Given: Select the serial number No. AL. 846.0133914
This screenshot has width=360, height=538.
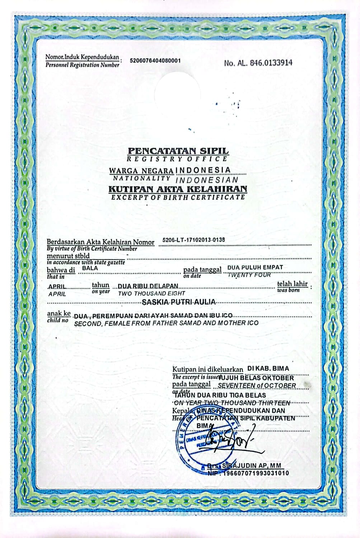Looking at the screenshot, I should click(258, 63).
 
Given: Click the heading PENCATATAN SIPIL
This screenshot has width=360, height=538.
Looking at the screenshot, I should click(178, 151).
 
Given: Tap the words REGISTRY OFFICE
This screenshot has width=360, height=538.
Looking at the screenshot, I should click(177, 159).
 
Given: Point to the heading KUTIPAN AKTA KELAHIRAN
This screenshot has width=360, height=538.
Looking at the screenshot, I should click(178, 189).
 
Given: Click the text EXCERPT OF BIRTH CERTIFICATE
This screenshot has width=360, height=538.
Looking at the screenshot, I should click(178, 197).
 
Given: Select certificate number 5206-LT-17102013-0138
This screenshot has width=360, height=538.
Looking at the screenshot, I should click(193, 240).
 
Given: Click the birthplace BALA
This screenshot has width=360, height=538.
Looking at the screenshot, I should click(90, 268).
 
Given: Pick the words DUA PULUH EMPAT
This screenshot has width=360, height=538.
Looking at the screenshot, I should click(255, 267).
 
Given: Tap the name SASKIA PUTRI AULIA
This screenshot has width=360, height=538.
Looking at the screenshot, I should click(179, 302).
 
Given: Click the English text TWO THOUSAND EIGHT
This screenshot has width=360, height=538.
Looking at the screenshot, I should click(151, 293).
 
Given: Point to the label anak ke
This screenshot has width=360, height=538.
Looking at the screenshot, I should click(59, 313).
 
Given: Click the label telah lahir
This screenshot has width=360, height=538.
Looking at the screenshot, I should click(292, 284).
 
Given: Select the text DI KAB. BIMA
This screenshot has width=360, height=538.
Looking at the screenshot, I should click(268, 368).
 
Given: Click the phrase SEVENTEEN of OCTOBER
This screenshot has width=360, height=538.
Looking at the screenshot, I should click(257, 386).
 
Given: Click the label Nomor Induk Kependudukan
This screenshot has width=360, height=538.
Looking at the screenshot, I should click(82, 57).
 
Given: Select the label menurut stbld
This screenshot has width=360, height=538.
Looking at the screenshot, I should click(68, 256).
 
